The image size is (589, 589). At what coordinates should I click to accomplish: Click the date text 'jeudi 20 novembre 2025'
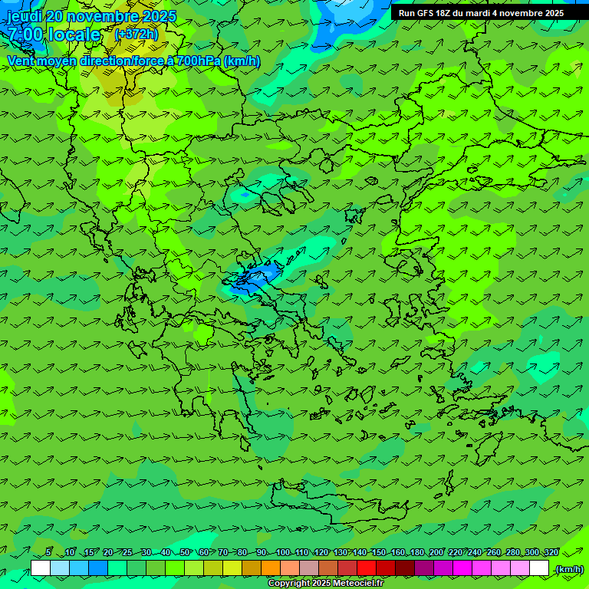(91, 16)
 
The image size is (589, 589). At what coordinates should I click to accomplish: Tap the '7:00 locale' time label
(54, 35)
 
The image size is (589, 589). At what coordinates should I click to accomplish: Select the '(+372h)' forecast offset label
(136, 35)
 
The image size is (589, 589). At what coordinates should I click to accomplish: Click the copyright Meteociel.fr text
(325, 584)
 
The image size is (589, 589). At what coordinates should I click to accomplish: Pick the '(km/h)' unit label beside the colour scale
(569, 568)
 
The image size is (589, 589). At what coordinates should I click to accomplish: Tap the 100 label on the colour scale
(282, 552)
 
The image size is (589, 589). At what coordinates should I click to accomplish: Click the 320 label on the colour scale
(551, 552)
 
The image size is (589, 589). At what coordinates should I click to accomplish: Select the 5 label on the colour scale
(48, 552)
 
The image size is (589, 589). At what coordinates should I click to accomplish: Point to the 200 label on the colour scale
(436, 552)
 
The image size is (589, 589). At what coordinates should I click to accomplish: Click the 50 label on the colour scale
(185, 552)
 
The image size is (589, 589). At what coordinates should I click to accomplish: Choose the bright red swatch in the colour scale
(367, 568)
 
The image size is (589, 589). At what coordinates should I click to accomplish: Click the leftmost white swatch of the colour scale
(41, 568)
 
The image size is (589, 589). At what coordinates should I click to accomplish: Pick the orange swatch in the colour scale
(271, 568)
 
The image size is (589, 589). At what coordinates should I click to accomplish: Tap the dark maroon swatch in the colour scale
(405, 568)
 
